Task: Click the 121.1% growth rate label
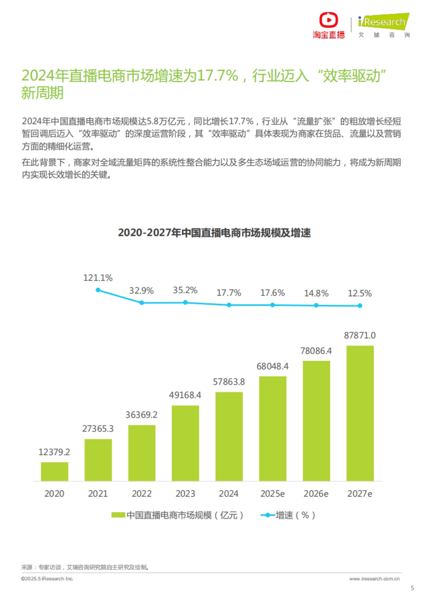pos(98,278)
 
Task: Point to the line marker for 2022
pos(142,303)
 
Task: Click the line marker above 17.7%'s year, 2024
pos(229,305)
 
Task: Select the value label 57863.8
pos(229,382)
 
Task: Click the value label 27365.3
pos(98,429)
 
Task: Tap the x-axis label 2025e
pos(272,494)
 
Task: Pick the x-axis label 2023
pos(185,494)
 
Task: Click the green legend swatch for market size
pos(118,515)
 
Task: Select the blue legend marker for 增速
pos(268,515)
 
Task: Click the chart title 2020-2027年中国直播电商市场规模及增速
pos(214,233)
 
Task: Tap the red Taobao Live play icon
pos(329,20)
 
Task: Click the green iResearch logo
pos(384,22)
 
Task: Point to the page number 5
pos(412,588)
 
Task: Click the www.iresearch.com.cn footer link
pos(374,579)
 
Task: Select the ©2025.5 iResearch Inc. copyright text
pos(47,579)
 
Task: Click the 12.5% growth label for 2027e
pos(360,293)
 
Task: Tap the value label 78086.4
pos(316,351)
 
